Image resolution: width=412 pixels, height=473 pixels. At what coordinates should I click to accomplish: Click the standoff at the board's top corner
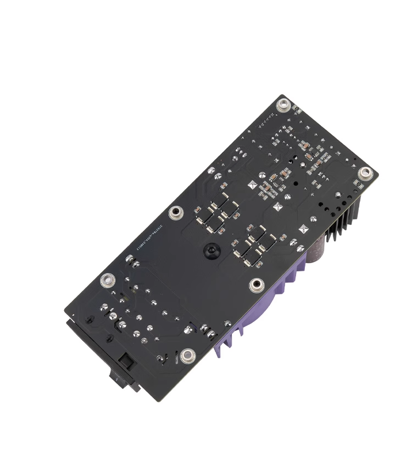283,104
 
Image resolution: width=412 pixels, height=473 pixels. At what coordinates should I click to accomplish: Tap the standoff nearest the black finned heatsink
365,174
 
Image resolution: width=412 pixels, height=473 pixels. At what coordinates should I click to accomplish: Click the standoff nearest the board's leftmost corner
107,281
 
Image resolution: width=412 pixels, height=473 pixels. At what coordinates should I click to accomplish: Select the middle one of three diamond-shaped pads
278,207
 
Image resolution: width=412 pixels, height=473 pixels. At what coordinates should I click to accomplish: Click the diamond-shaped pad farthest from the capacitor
253,185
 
